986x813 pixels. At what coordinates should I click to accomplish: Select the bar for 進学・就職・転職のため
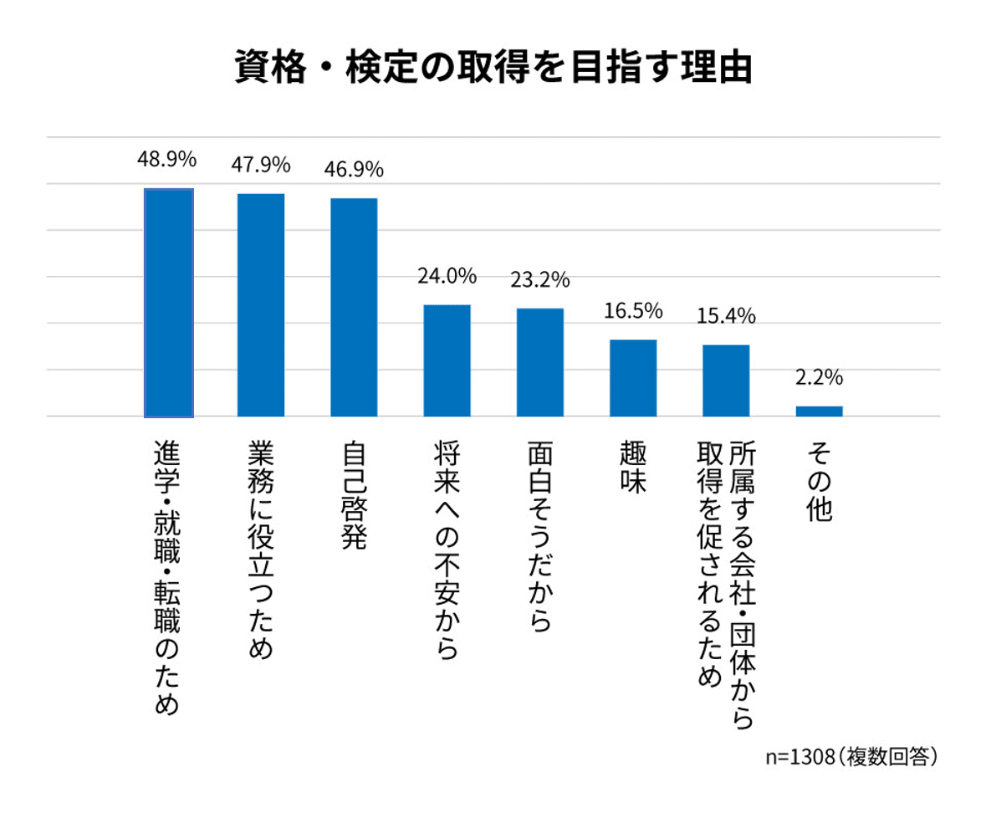pyautogui.click(x=168, y=302)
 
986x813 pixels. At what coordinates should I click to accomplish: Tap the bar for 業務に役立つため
pyautogui.click(x=261, y=304)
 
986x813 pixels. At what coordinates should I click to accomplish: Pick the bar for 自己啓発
pyautogui.click(x=354, y=307)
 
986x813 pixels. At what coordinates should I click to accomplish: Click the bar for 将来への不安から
pyautogui.click(x=447, y=360)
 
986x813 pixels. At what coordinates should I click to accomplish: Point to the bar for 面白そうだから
pyautogui.click(x=539, y=362)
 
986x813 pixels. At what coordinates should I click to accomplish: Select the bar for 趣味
pyautogui.click(x=632, y=378)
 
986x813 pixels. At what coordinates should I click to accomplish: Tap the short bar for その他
pyautogui.click(x=819, y=411)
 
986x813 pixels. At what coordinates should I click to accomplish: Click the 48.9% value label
pyautogui.click(x=167, y=159)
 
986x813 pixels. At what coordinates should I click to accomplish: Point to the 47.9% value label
pyautogui.click(x=261, y=164)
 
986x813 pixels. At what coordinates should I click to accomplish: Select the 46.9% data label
pyautogui.click(x=354, y=170)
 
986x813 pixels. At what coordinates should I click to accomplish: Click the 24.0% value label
pyautogui.click(x=447, y=275)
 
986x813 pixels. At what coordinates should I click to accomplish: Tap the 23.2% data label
pyautogui.click(x=539, y=279)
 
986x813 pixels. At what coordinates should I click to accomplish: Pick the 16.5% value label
pyautogui.click(x=632, y=311)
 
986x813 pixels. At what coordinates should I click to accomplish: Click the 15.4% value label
pyautogui.click(x=726, y=316)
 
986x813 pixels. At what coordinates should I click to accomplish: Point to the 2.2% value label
pyautogui.click(x=819, y=377)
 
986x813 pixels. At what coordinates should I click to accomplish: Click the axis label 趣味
pyautogui.click(x=633, y=468)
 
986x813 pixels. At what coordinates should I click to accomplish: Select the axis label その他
pyautogui.click(x=820, y=483)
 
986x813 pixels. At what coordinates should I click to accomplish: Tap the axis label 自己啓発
pyautogui.click(x=355, y=495)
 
